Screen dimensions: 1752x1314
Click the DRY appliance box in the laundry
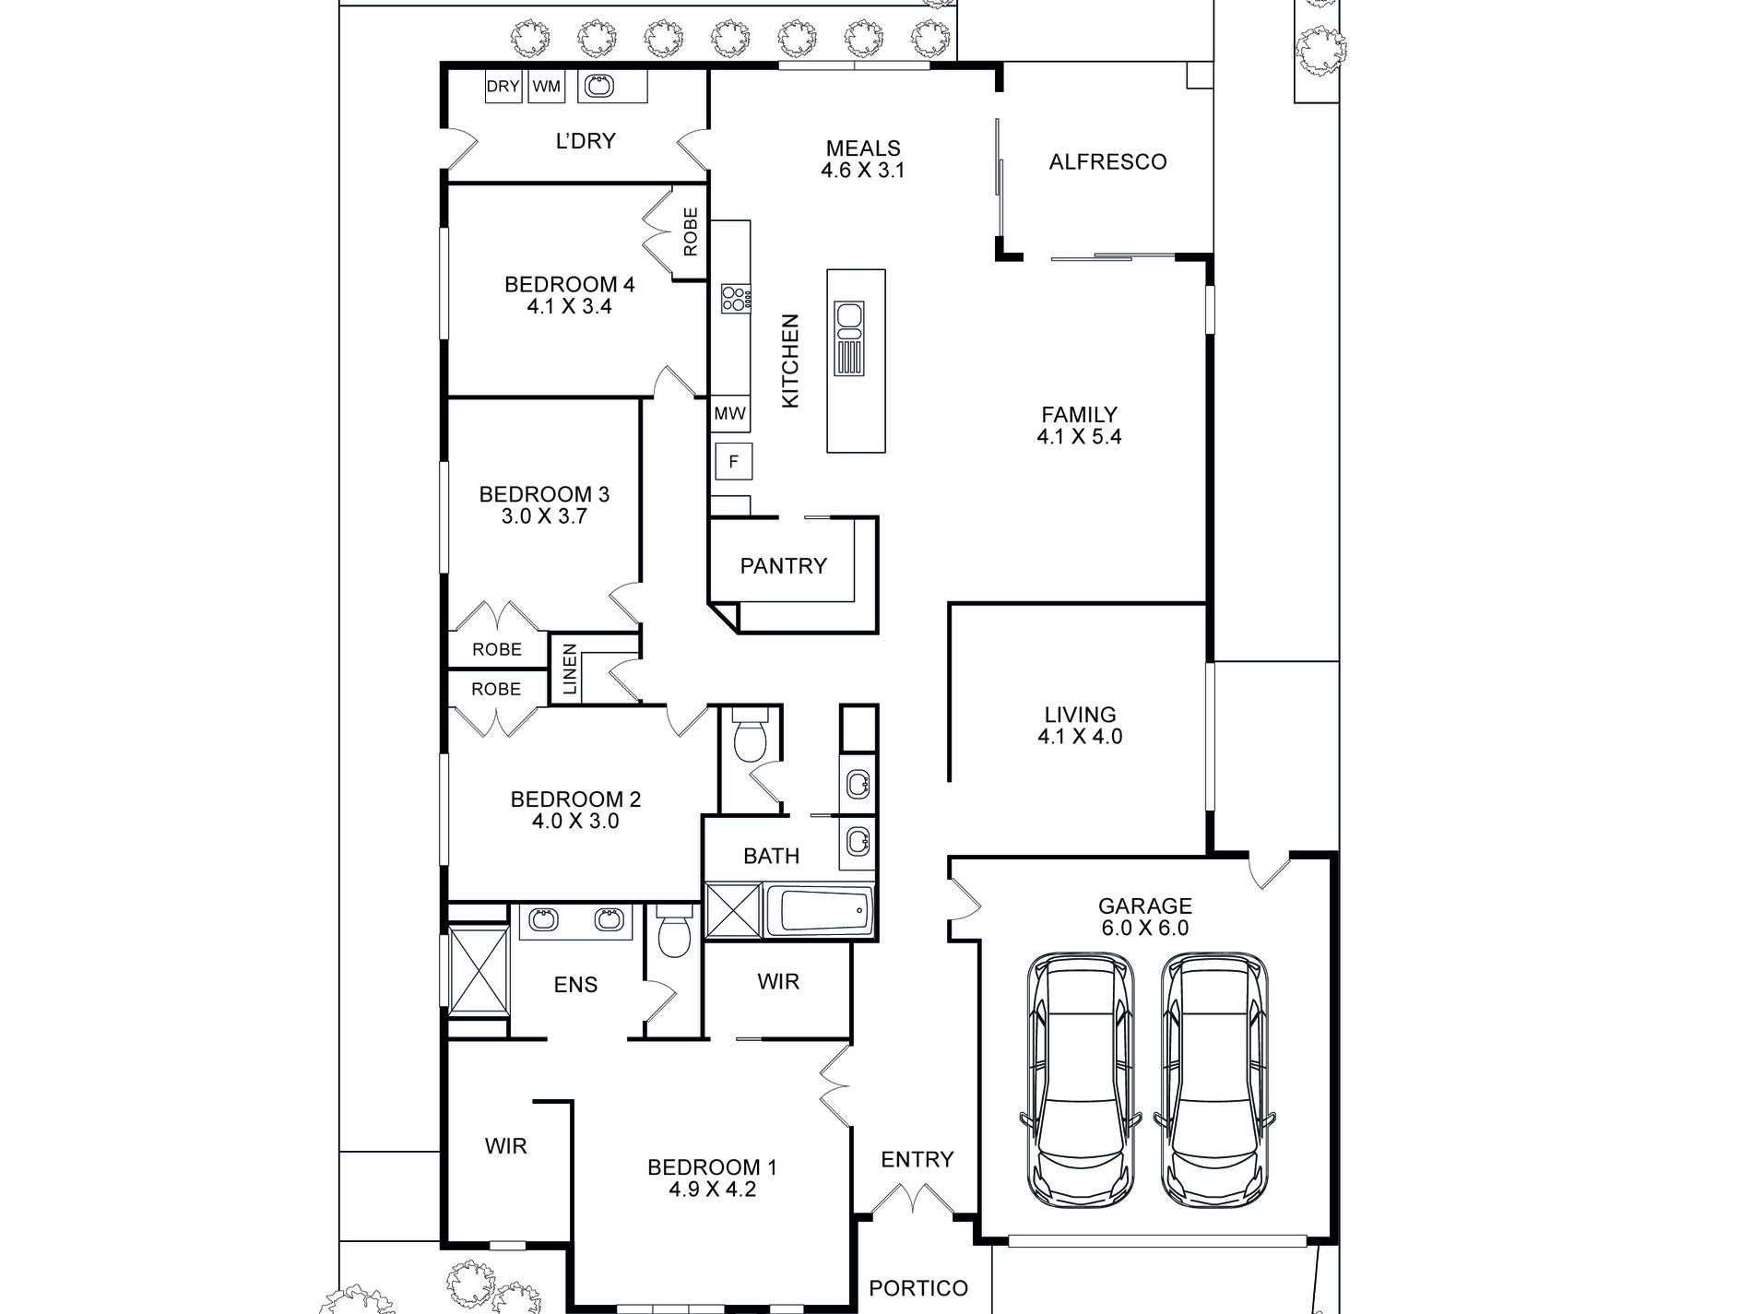(x=503, y=87)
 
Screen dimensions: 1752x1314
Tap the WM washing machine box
(x=547, y=87)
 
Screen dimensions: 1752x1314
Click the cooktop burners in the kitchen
(x=736, y=297)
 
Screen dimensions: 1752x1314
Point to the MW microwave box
(x=730, y=414)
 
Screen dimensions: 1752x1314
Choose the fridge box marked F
(x=734, y=461)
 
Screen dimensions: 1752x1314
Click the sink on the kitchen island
(x=849, y=338)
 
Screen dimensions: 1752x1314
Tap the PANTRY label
(x=784, y=565)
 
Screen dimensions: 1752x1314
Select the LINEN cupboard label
(x=570, y=669)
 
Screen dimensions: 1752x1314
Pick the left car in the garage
(x=1082, y=1080)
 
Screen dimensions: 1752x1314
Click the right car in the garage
(x=1214, y=1080)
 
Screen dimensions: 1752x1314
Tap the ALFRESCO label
(x=1107, y=161)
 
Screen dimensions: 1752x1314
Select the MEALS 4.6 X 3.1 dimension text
(x=864, y=171)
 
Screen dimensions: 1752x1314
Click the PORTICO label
(x=918, y=1288)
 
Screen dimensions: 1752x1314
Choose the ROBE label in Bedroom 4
(x=691, y=231)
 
